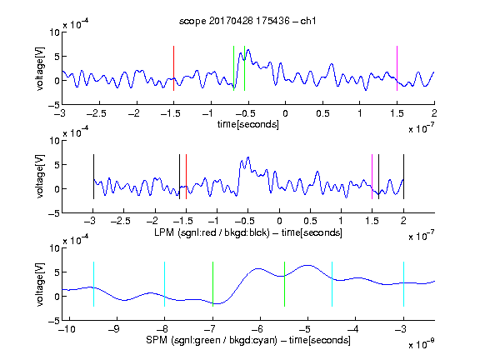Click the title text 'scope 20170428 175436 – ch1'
247,21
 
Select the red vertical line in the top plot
173,68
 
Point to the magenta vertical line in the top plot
397,68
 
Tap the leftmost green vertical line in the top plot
233,68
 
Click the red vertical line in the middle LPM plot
186,177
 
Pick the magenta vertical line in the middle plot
372,177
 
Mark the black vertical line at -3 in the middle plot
93,177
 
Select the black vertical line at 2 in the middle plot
403,177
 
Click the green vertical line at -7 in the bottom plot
212,284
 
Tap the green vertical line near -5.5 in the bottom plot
284,284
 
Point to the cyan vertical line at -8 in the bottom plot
165,284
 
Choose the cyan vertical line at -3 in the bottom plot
403,284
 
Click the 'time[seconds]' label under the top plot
248,124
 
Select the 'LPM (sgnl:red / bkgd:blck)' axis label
212,232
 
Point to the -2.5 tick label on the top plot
97,113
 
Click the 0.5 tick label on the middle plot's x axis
310,221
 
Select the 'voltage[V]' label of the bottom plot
40,284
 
